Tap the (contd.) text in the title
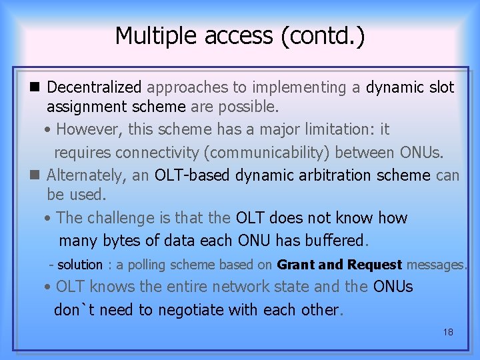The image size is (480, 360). click(323, 36)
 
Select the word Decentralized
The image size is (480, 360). click(95, 87)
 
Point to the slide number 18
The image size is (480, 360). click(447, 331)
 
